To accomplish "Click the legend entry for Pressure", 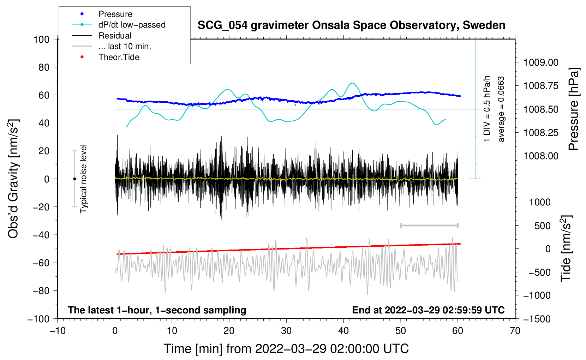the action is (102, 14).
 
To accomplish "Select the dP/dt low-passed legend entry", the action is (119, 25).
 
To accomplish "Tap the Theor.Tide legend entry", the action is (106, 57).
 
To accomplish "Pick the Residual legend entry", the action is (102, 35).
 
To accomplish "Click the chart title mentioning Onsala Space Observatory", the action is (351, 25).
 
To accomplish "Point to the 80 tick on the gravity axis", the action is (44, 67).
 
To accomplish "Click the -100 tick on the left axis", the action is (38, 319).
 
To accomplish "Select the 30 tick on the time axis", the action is (286, 331).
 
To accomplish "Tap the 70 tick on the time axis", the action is (515, 331).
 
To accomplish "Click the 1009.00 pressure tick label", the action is (541, 62).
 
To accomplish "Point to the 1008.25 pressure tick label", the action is (541, 133).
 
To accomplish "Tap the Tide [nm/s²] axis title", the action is (566, 248).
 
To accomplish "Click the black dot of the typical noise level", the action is (74, 179).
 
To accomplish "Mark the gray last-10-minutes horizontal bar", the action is (429, 226).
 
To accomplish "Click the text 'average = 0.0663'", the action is (501, 109).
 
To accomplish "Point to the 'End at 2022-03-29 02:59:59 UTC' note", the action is (428, 310).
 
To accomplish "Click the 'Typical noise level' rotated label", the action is (83, 179).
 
